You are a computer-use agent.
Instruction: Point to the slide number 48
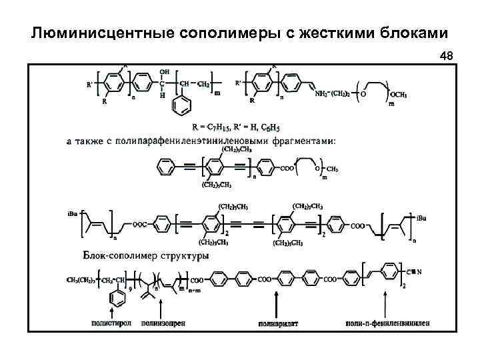(x=446, y=57)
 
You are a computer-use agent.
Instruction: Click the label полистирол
(x=111, y=323)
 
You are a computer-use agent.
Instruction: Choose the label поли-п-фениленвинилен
(x=388, y=323)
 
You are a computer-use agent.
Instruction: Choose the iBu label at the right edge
(x=423, y=217)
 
